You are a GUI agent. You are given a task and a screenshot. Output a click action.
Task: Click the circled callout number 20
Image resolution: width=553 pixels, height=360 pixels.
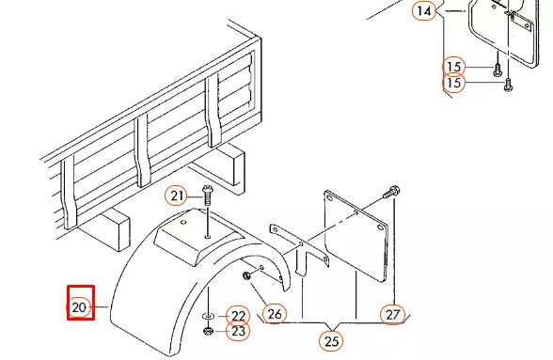click(79, 307)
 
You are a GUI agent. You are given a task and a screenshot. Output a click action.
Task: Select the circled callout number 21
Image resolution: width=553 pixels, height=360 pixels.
click(176, 196)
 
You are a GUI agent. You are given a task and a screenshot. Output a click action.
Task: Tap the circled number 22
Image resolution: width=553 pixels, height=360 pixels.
click(238, 316)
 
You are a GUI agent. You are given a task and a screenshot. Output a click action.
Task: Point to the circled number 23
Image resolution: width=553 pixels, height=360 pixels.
click(238, 331)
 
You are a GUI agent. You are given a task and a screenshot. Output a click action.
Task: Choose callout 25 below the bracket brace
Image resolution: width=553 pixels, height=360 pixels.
click(331, 341)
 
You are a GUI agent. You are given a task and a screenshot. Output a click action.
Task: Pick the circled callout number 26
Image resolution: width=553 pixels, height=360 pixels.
click(275, 313)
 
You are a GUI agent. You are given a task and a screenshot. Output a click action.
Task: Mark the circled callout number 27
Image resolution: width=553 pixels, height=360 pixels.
click(392, 314)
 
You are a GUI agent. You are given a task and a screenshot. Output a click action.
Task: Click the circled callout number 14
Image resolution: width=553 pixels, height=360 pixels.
click(424, 10)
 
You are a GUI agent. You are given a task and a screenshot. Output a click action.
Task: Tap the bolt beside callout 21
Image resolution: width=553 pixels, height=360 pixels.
click(207, 195)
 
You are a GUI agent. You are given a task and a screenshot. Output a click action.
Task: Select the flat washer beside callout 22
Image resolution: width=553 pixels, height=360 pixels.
click(208, 316)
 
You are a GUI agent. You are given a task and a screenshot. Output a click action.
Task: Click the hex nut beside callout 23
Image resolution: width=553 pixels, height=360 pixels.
click(208, 331)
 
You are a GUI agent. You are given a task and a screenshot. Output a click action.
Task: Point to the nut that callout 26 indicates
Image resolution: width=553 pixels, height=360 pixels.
click(246, 275)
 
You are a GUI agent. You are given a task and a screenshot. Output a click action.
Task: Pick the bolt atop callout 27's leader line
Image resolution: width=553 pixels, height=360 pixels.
click(391, 193)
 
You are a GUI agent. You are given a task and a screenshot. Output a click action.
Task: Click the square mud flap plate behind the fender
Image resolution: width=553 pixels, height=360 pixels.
click(355, 236)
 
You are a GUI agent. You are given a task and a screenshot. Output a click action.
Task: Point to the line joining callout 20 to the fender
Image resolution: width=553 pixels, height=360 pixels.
click(99, 307)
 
